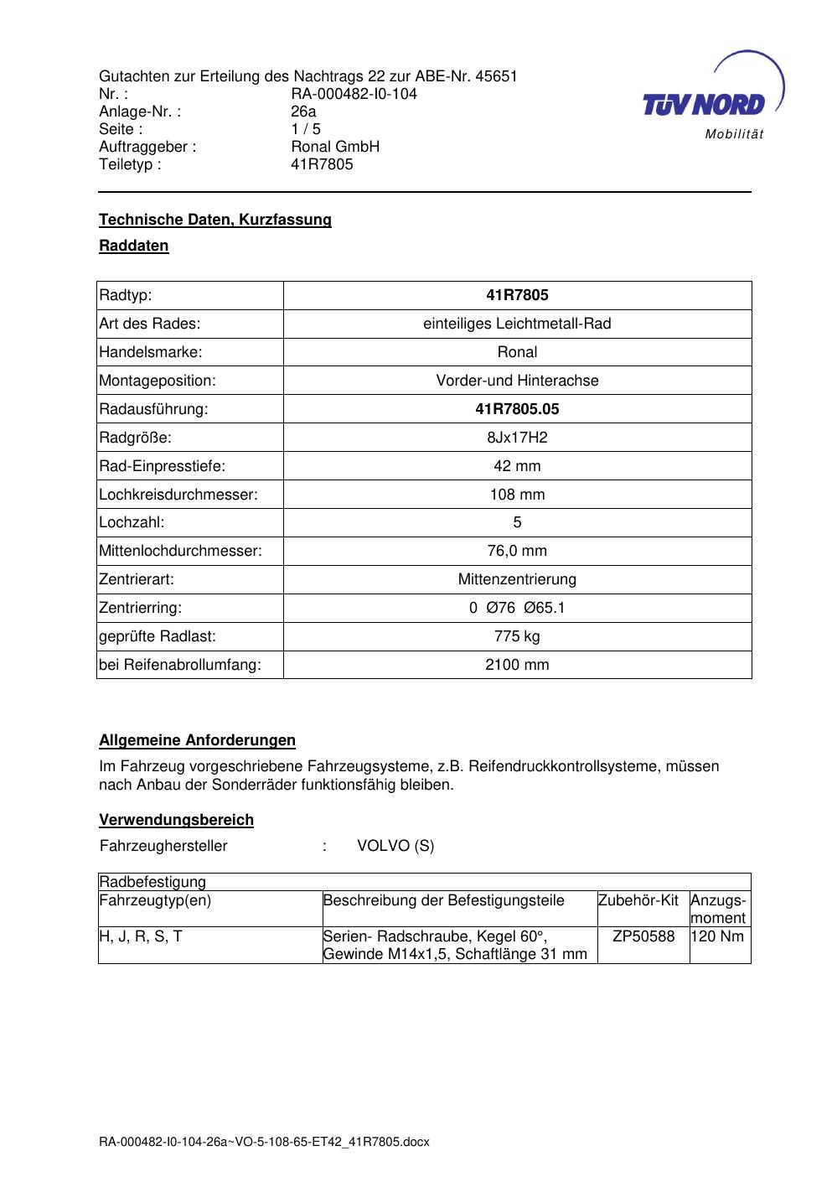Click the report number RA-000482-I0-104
(x=354, y=94)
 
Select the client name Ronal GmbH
(x=335, y=147)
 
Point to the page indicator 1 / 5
(x=306, y=129)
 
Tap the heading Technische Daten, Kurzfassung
(x=215, y=220)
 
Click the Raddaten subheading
(x=134, y=246)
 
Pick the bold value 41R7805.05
(x=517, y=409)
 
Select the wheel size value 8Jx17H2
(x=517, y=438)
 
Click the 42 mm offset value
(x=517, y=466)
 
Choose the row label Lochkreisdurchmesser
(x=178, y=495)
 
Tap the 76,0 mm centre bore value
(x=517, y=551)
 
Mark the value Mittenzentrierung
(x=517, y=579)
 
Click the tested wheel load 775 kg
(x=517, y=636)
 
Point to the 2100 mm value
(x=517, y=665)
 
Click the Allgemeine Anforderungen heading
(x=197, y=740)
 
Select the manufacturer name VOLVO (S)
(x=395, y=846)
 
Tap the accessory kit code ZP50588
(x=643, y=936)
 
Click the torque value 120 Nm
(x=717, y=936)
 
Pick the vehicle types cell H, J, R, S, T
(x=141, y=936)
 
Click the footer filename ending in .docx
(x=264, y=1142)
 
